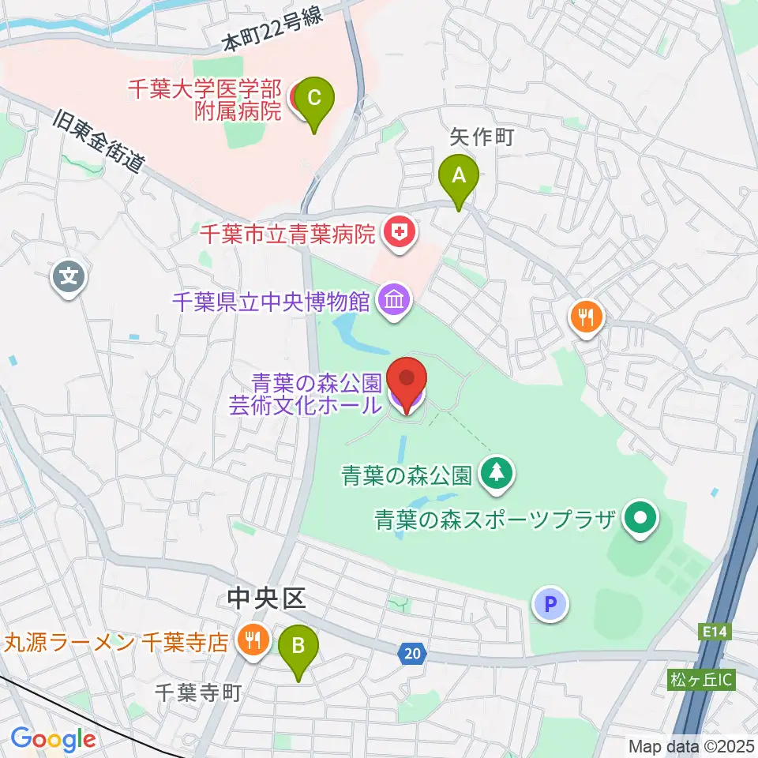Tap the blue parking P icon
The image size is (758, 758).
[x=551, y=605]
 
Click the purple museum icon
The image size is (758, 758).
[x=393, y=300]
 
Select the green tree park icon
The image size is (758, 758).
[x=497, y=474]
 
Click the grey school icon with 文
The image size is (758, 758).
[x=69, y=277]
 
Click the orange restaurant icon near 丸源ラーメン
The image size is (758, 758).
[x=253, y=640]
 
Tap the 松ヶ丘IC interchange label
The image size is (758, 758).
[x=702, y=680]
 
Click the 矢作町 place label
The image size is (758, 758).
[x=482, y=137]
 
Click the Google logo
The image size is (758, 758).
[x=53, y=739]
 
